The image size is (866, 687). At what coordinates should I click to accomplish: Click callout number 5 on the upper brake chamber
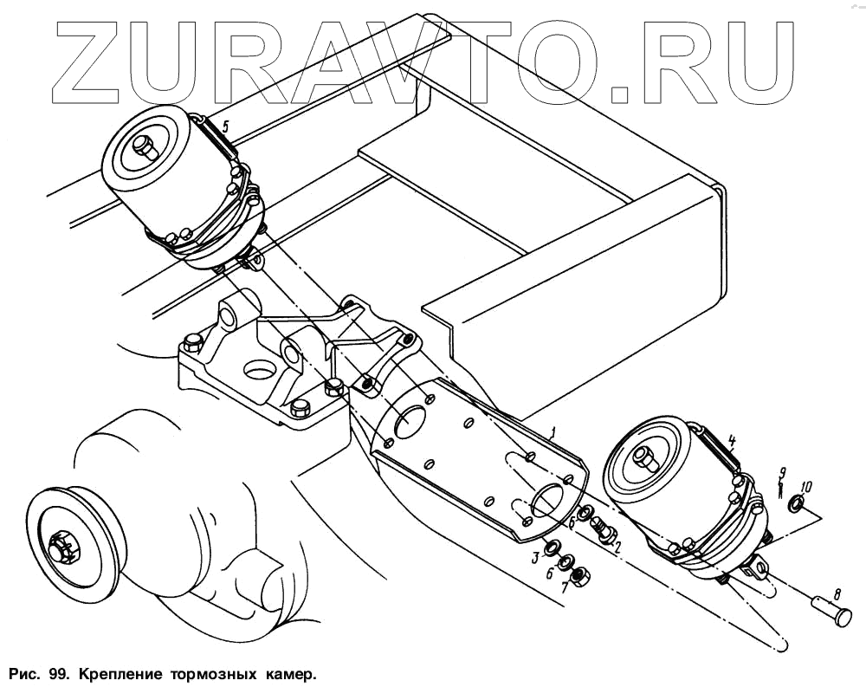[x=225, y=126]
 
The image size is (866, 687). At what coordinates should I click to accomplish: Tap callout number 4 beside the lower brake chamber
[x=732, y=440]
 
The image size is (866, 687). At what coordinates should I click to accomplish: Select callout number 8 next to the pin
[x=836, y=595]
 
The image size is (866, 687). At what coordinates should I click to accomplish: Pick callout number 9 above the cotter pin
[x=782, y=473]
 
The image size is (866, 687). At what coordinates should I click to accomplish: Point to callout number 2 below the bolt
[x=617, y=547]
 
